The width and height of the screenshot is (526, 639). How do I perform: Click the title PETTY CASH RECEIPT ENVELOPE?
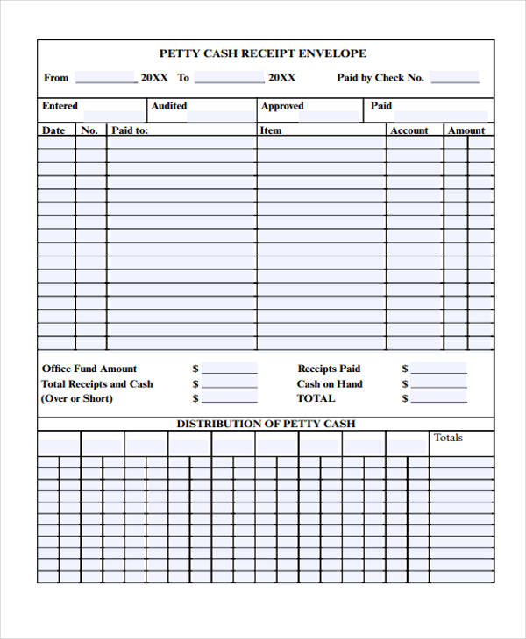263,53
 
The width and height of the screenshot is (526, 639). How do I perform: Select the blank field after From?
105,77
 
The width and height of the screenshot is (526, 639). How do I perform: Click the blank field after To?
229,77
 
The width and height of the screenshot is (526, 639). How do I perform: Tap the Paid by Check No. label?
380,77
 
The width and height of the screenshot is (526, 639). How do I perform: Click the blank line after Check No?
454,77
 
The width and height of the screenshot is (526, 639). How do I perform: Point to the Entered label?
60,106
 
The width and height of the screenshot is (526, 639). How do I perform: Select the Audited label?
169,106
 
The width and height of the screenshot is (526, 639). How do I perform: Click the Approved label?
282,106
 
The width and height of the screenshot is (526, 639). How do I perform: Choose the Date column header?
53,130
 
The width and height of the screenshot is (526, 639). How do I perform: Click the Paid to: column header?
130,130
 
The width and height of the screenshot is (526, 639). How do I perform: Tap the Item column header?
271,130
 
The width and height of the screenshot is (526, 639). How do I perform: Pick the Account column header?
409,130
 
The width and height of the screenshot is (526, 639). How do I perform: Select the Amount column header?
466,130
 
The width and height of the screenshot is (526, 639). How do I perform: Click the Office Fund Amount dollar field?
229,369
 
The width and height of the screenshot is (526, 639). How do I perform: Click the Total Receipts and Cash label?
96,383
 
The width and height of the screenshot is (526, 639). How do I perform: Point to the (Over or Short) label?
77,398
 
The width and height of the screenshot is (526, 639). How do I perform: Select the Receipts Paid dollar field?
438,369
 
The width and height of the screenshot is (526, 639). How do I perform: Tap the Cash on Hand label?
330,383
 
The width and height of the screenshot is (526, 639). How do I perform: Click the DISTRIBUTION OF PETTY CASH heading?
267,424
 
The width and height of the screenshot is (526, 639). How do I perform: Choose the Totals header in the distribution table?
448,438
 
